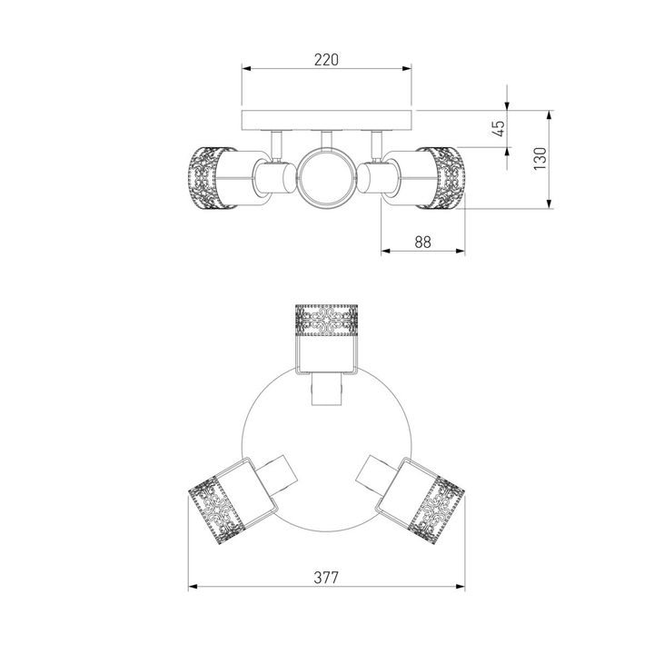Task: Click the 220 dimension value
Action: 326,60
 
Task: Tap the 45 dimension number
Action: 499,128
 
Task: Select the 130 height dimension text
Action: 540,158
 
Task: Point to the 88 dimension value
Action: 422,242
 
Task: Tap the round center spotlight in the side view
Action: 327,178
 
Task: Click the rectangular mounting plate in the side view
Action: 327,120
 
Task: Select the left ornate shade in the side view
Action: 206,178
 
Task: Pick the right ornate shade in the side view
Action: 446,178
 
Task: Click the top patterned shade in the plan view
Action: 327,321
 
